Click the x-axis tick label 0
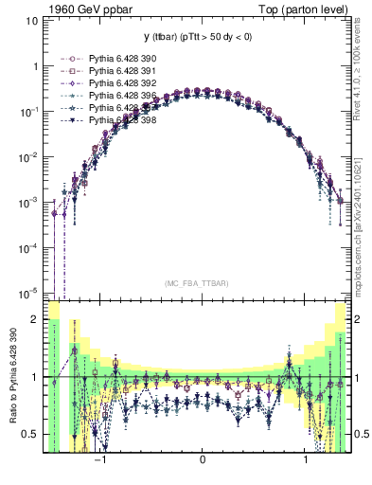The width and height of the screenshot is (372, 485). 203,461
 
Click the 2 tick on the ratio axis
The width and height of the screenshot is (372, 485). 36,319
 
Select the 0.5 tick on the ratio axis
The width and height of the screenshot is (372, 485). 31,434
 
